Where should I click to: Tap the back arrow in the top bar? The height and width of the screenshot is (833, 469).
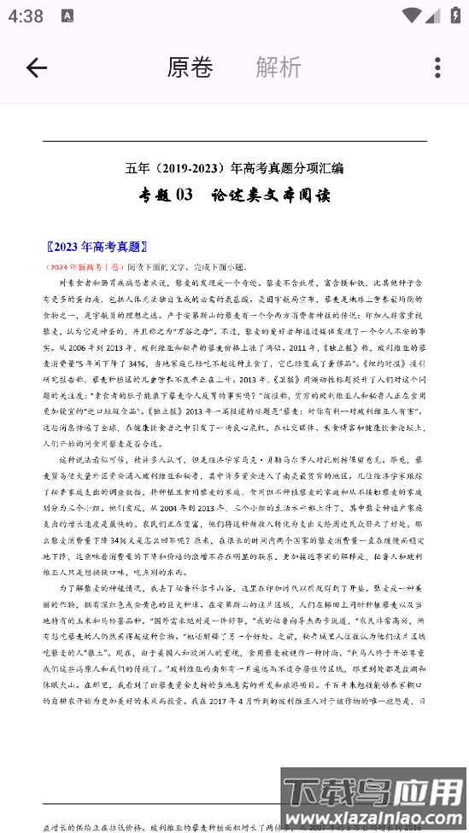pyautogui.click(x=36, y=68)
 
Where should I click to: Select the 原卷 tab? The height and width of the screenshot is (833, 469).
pyautogui.click(x=190, y=67)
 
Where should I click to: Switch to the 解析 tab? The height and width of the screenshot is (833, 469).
pyautogui.click(x=278, y=67)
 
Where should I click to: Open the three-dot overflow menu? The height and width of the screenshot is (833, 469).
pyautogui.click(x=437, y=68)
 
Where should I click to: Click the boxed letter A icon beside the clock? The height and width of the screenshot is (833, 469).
pyautogui.click(x=67, y=16)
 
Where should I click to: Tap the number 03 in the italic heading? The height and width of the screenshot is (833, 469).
pyautogui.click(x=185, y=195)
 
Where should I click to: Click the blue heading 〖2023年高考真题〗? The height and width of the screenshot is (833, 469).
pyautogui.click(x=98, y=247)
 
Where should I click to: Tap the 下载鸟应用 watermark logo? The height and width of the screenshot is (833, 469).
pyautogui.click(x=375, y=794)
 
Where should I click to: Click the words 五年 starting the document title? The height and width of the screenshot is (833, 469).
pyautogui.click(x=137, y=168)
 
